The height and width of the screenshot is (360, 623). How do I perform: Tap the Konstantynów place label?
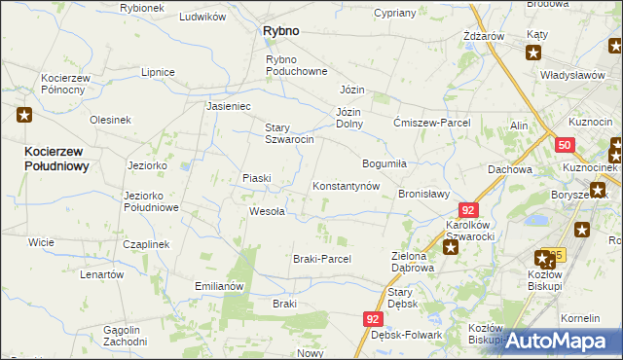click(345, 186)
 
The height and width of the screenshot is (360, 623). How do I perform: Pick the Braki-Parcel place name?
click(321, 259)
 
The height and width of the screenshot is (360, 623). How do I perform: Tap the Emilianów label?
click(218, 287)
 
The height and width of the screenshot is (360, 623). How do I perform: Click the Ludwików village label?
click(203, 18)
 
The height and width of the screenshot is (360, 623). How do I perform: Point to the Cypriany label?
click(394, 14)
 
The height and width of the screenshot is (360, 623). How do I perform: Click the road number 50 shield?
click(566, 145)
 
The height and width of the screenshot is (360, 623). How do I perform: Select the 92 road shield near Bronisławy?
click(469, 210)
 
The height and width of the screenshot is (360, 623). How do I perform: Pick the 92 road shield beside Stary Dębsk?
click(374, 319)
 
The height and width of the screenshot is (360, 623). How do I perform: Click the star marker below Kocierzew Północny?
click(24, 116)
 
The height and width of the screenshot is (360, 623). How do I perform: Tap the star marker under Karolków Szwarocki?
click(451, 248)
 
